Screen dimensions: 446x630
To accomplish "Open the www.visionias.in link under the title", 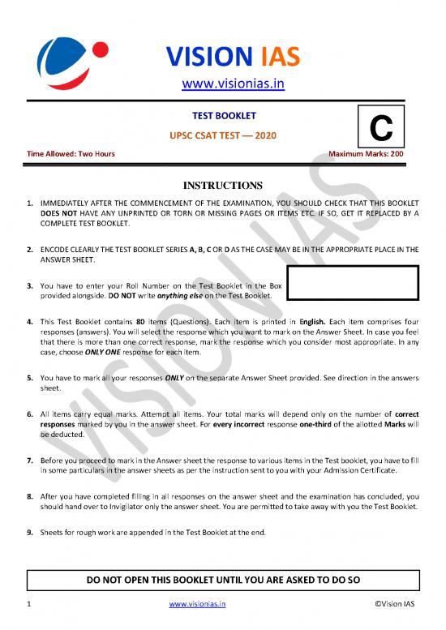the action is click(x=222, y=83).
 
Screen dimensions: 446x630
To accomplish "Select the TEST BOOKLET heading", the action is click(x=222, y=116).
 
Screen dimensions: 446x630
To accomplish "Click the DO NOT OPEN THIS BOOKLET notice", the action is click(x=222, y=581).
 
